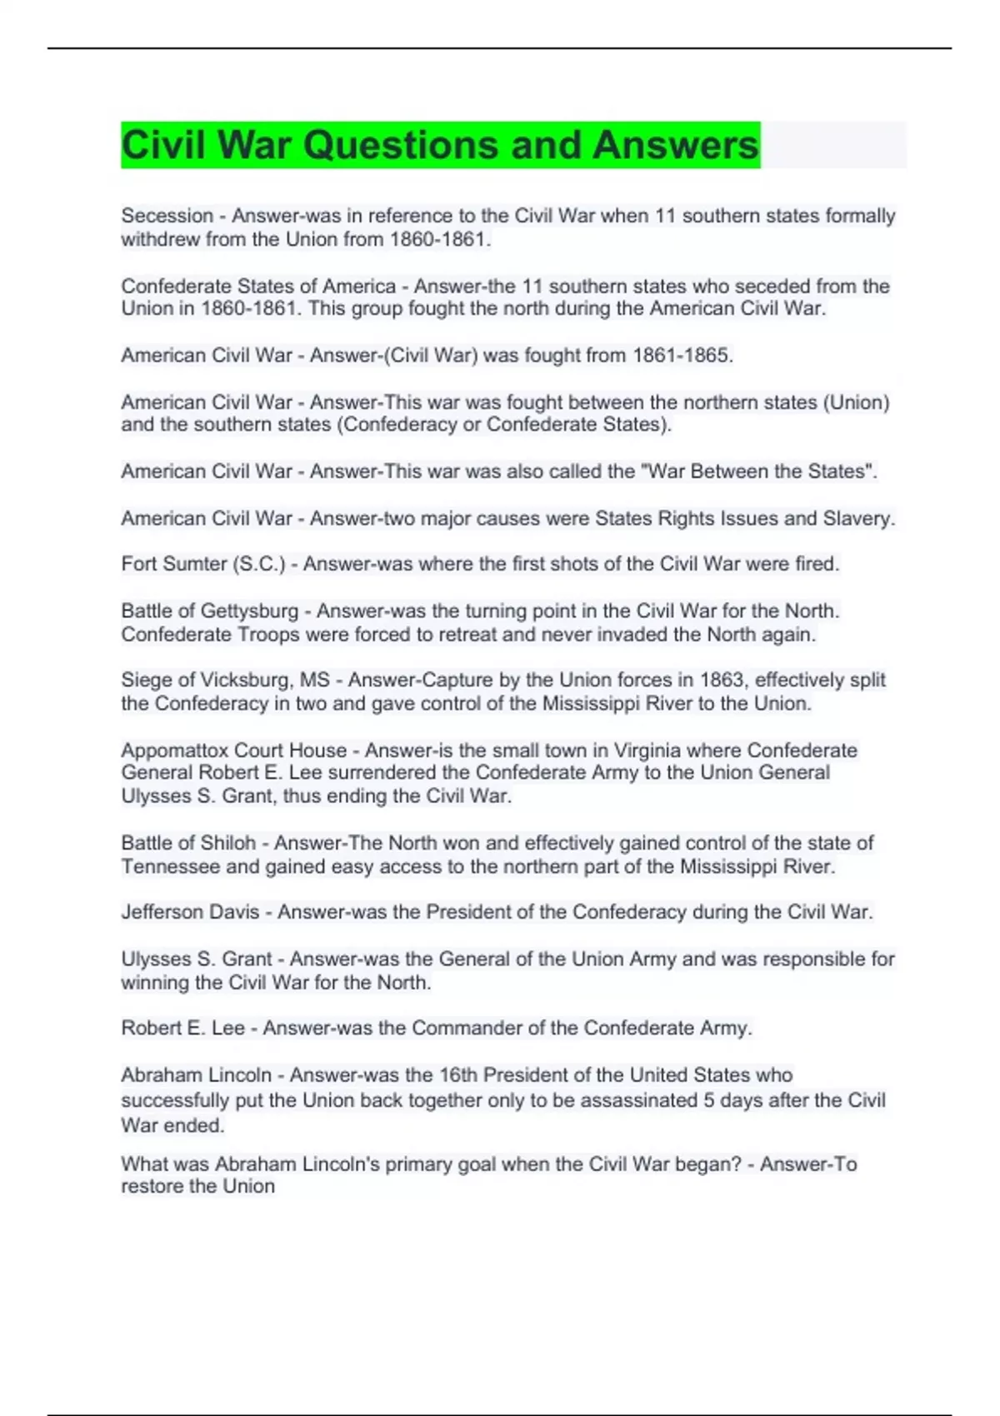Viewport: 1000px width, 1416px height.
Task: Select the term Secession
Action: coord(167,216)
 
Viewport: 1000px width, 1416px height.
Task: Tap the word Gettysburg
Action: coord(249,611)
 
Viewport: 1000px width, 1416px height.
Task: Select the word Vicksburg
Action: coord(245,680)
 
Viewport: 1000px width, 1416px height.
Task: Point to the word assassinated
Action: coord(638,1100)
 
